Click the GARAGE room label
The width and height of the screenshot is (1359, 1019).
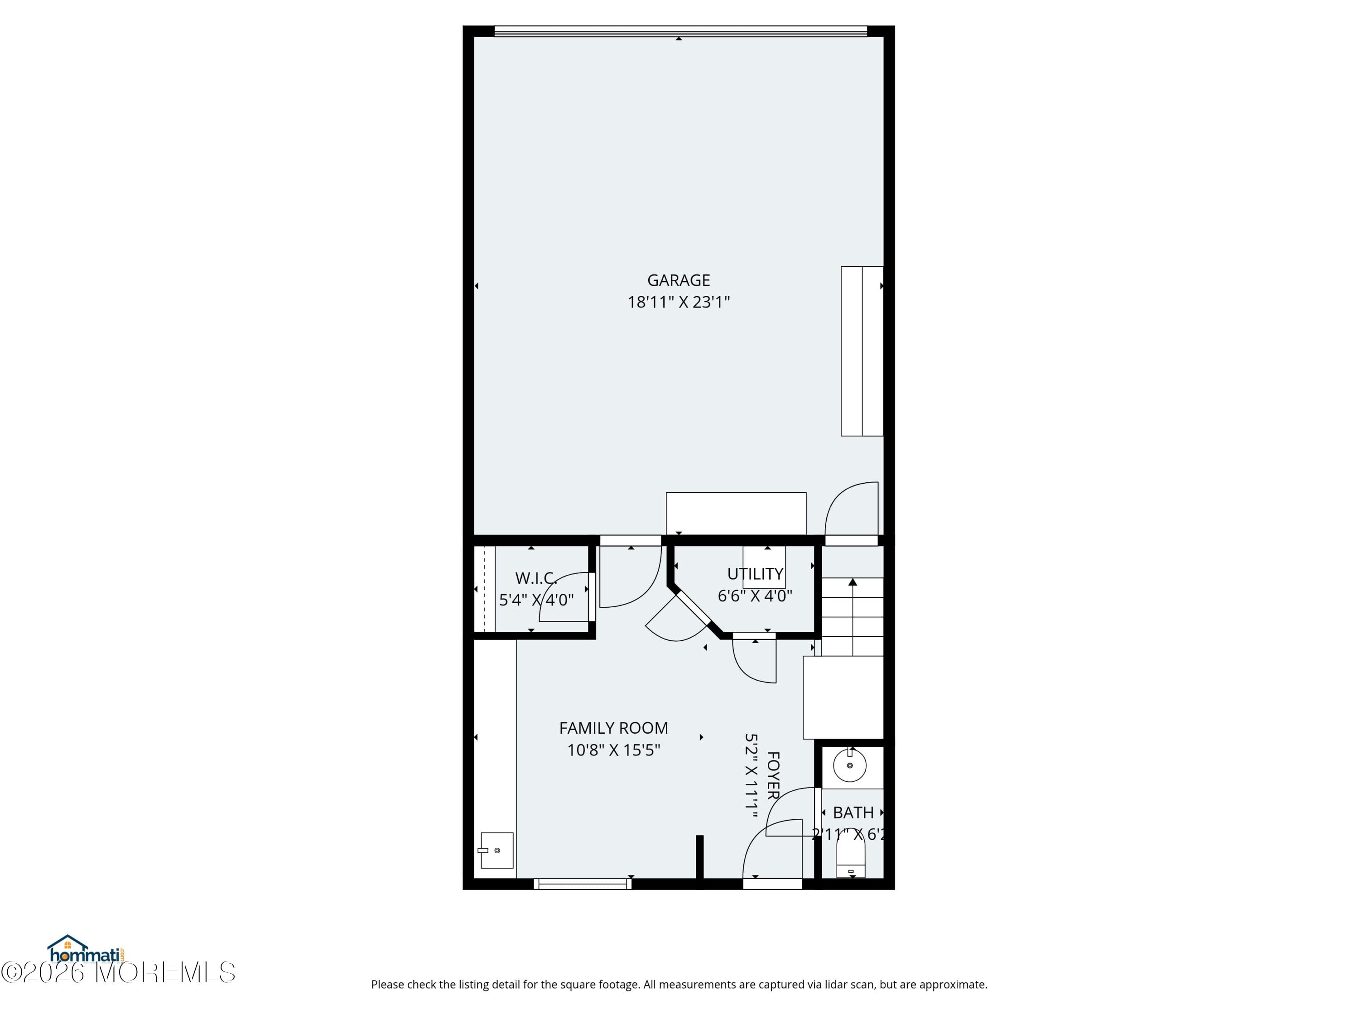678,280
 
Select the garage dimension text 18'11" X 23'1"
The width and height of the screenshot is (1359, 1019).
678,302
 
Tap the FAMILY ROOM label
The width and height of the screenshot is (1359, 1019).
613,728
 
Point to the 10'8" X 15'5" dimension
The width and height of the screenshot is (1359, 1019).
613,750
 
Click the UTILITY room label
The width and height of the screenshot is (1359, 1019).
755,574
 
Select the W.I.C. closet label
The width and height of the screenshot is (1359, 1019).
536,578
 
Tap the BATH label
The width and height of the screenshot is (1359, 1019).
853,812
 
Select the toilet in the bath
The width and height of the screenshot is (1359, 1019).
851,859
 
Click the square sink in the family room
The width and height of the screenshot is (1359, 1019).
496,850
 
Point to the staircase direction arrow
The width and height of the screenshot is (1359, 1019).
852,582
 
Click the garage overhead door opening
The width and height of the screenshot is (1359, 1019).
680,31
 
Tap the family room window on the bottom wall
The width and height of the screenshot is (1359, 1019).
583,884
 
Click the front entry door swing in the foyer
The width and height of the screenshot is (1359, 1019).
772,851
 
